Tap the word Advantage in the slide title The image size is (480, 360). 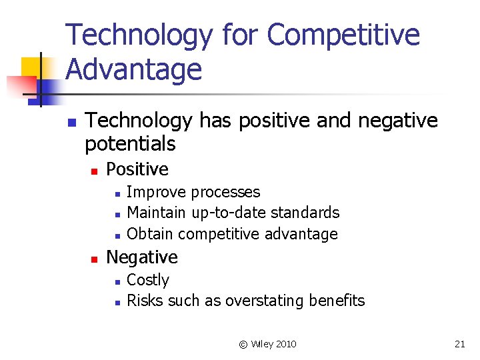click(x=134, y=69)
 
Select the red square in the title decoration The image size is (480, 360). click(x=20, y=86)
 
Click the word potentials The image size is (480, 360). click(x=131, y=143)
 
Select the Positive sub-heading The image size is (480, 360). click(x=137, y=169)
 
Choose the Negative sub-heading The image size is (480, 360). click(x=142, y=257)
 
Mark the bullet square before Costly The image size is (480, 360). click(x=117, y=281)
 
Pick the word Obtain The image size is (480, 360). click(x=150, y=234)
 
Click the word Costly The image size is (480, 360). click(x=148, y=280)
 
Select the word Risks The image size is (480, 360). click(x=144, y=301)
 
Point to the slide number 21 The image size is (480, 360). click(x=459, y=344)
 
